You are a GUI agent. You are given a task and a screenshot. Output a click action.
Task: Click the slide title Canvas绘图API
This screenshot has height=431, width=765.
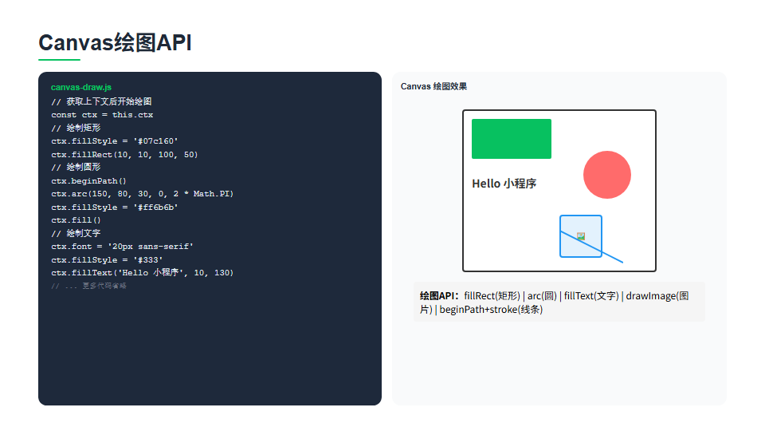point(115,42)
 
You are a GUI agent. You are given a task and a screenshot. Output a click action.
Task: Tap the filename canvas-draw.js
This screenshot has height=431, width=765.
point(81,88)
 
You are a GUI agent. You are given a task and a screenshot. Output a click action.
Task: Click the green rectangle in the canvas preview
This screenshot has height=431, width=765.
point(512,139)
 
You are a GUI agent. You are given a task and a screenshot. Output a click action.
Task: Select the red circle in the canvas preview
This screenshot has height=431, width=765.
point(607,175)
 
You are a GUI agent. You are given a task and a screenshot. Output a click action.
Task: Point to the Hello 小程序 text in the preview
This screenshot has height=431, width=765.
point(504,184)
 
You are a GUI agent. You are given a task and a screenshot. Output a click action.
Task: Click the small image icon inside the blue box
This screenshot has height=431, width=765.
point(581,236)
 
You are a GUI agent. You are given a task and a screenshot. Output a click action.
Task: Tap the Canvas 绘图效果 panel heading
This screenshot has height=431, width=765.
point(433,86)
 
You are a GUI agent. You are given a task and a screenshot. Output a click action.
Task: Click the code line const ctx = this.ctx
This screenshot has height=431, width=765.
point(102,115)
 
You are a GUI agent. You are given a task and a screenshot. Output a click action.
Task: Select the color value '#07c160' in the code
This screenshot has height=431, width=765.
point(155,141)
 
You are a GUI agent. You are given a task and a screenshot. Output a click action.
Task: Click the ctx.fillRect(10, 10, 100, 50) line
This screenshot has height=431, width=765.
point(124,154)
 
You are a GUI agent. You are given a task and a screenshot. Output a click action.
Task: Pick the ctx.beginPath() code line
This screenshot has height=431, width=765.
point(88,181)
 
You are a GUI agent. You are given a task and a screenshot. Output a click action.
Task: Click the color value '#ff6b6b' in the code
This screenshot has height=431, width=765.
point(155,208)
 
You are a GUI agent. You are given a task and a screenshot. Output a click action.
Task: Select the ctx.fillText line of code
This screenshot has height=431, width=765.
point(143,273)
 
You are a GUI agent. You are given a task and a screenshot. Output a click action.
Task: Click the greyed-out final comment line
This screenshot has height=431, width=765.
point(88,286)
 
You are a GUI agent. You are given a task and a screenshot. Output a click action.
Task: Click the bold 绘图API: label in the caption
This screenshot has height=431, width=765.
point(439,296)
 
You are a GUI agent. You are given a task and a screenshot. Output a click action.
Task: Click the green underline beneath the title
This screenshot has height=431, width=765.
point(59,60)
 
